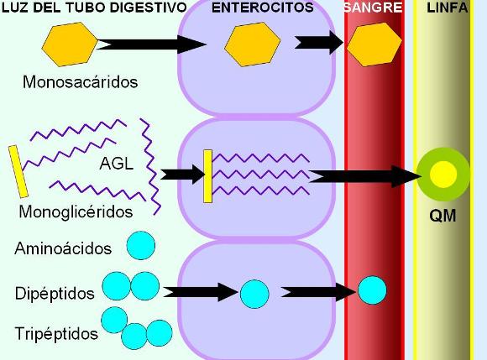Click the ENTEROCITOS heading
(x=263, y=8)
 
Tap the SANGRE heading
(x=374, y=8)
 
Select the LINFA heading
(x=448, y=8)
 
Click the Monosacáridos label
(x=80, y=82)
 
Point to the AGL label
(x=117, y=164)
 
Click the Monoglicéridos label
(x=76, y=212)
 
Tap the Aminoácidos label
(x=63, y=248)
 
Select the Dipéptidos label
(x=55, y=293)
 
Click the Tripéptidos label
(x=56, y=334)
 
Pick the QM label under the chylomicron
(x=442, y=216)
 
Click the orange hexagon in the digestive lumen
(x=70, y=44)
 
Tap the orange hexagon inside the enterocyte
(x=252, y=44)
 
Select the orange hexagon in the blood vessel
(x=374, y=44)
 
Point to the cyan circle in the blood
(x=373, y=290)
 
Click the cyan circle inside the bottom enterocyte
(x=254, y=294)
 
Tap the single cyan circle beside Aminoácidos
(x=141, y=245)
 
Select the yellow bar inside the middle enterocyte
(x=207, y=176)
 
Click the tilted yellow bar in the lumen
(x=18, y=171)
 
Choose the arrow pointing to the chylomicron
(x=365, y=176)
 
